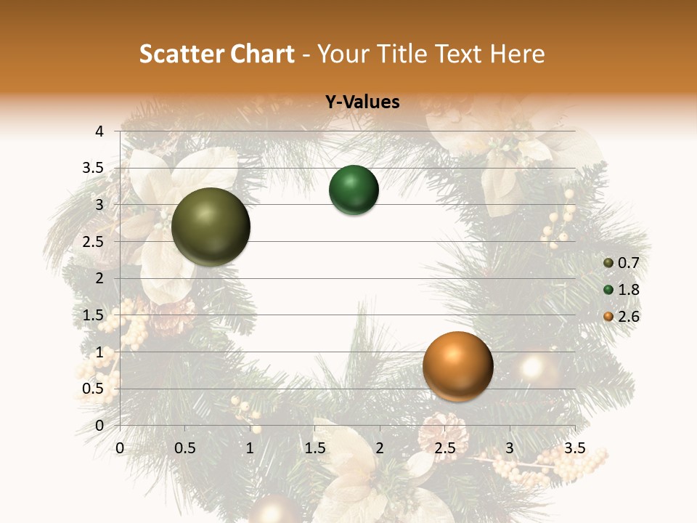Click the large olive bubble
click(211, 227)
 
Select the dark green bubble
click(354, 190)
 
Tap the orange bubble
click(457, 366)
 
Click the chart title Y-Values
click(362, 102)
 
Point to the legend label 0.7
click(628, 263)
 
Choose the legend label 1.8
click(628, 290)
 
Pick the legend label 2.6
click(628, 317)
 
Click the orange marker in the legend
click(608, 317)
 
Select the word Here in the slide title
click(517, 54)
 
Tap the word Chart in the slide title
click(264, 54)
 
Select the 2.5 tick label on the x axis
click(444, 448)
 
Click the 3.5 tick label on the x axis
click(574, 448)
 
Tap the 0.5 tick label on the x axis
click(185, 448)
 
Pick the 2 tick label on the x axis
click(380, 448)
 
